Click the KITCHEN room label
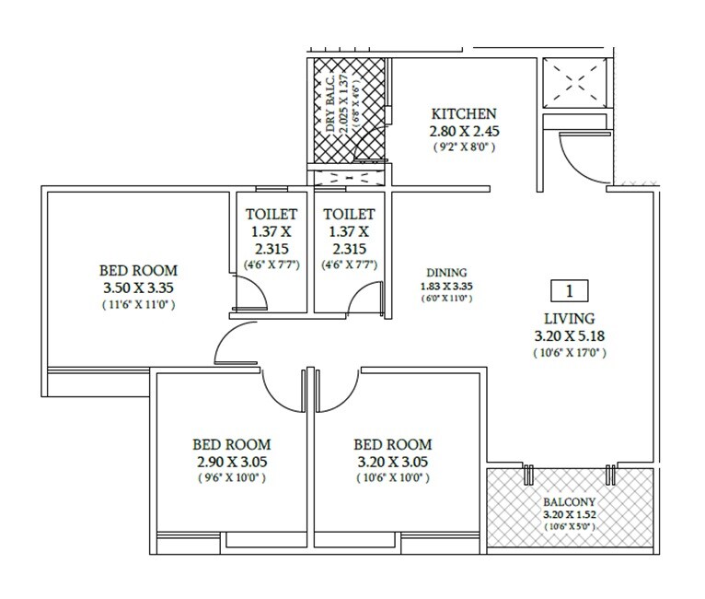pos(464,113)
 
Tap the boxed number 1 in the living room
pos(569,292)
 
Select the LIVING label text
pos(568,317)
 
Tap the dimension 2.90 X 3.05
pos(231,461)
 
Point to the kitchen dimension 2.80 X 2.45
pos(464,131)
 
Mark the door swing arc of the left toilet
pos(254,293)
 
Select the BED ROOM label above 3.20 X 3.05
pos(392,443)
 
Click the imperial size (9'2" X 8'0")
pos(464,147)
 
